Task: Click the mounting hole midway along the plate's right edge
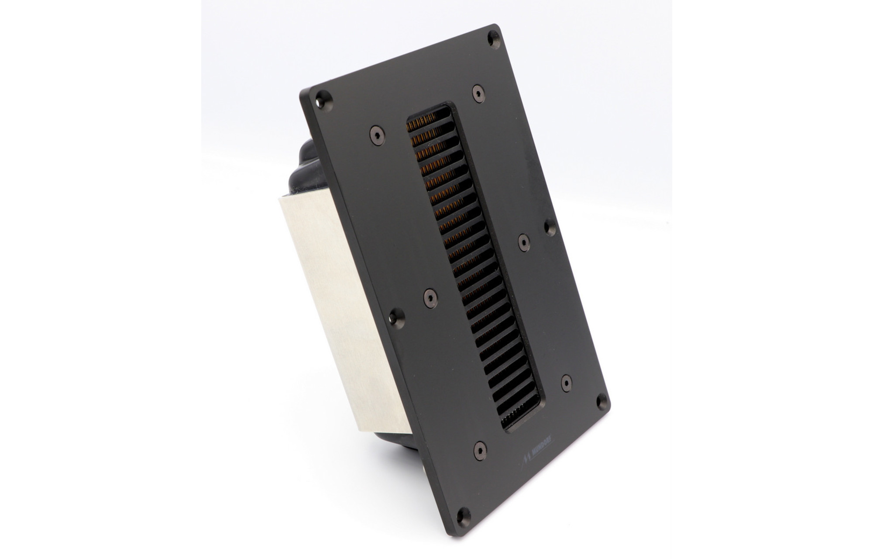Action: pyautogui.click(x=549, y=228)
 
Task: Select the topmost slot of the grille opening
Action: pyautogui.click(x=430, y=117)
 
